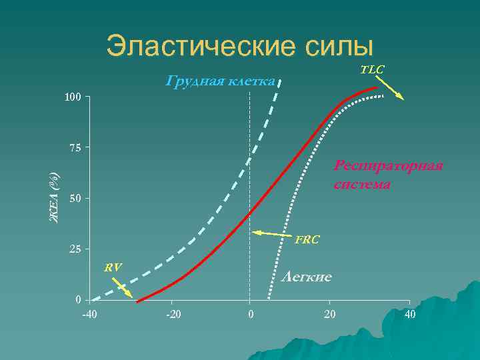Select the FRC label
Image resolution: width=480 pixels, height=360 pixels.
coord(307,239)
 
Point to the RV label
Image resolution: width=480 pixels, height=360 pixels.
coord(113,267)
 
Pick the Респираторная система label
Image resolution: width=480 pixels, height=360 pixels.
coord(389,175)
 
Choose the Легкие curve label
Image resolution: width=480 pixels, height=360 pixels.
coord(307,276)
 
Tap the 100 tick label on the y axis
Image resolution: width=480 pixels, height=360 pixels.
coord(73,99)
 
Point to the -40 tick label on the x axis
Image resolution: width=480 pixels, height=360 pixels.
coord(89,313)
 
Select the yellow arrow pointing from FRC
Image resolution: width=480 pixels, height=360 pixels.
coord(273,233)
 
